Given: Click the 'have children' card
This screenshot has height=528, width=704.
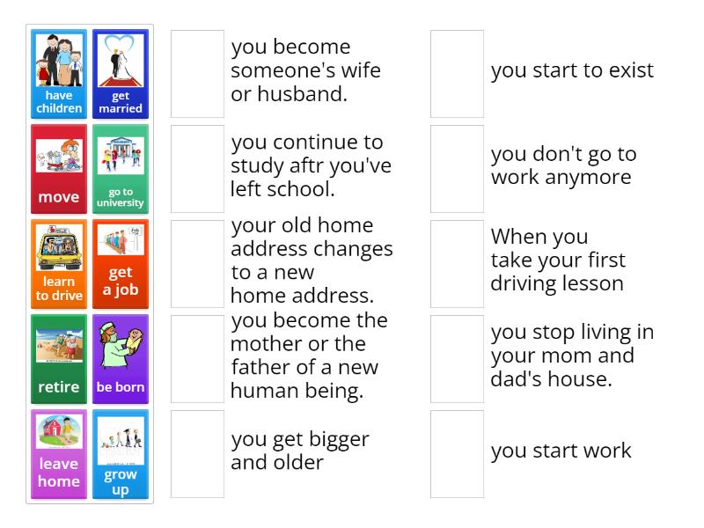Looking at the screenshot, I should pyautogui.click(x=59, y=74).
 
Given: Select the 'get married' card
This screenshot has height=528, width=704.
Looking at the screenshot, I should pyautogui.click(x=121, y=74).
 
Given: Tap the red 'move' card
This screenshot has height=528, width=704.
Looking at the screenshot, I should pyautogui.click(x=59, y=169).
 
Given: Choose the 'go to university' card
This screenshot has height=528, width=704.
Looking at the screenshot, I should pyautogui.click(x=121, y=169).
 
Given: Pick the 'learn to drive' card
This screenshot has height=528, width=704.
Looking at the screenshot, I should pyautogui.click(x=59, y=264).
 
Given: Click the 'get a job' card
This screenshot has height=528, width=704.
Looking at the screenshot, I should pyautogui.click(x=121, y=264).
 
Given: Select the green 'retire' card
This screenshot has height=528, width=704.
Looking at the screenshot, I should pyautogui.click(x=59, y=359).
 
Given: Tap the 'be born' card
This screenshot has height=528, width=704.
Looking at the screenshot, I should pyautogui.click(x=121, y=359).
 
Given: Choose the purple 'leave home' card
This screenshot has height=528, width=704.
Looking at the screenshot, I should pyautogui.click(x=59, y=454).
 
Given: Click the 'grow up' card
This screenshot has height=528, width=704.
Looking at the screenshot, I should pyautogui.click(x=121, y=454).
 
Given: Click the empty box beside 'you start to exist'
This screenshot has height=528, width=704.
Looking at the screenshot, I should pyautogui.click(x=457, y=74).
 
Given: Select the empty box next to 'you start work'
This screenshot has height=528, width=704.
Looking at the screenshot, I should pyautogui.click(x=457, y=454).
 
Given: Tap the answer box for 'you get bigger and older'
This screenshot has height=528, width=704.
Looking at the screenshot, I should pyautogui.click(x=197, y=454).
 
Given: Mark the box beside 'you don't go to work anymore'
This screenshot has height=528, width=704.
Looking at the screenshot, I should pyautogui.click(x=457, y=169).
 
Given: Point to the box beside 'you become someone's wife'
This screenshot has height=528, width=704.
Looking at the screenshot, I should pyautogui.click(x=197, y=74).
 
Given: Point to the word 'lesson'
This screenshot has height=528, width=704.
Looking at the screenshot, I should pyautogui.click(x=594, y=283).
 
